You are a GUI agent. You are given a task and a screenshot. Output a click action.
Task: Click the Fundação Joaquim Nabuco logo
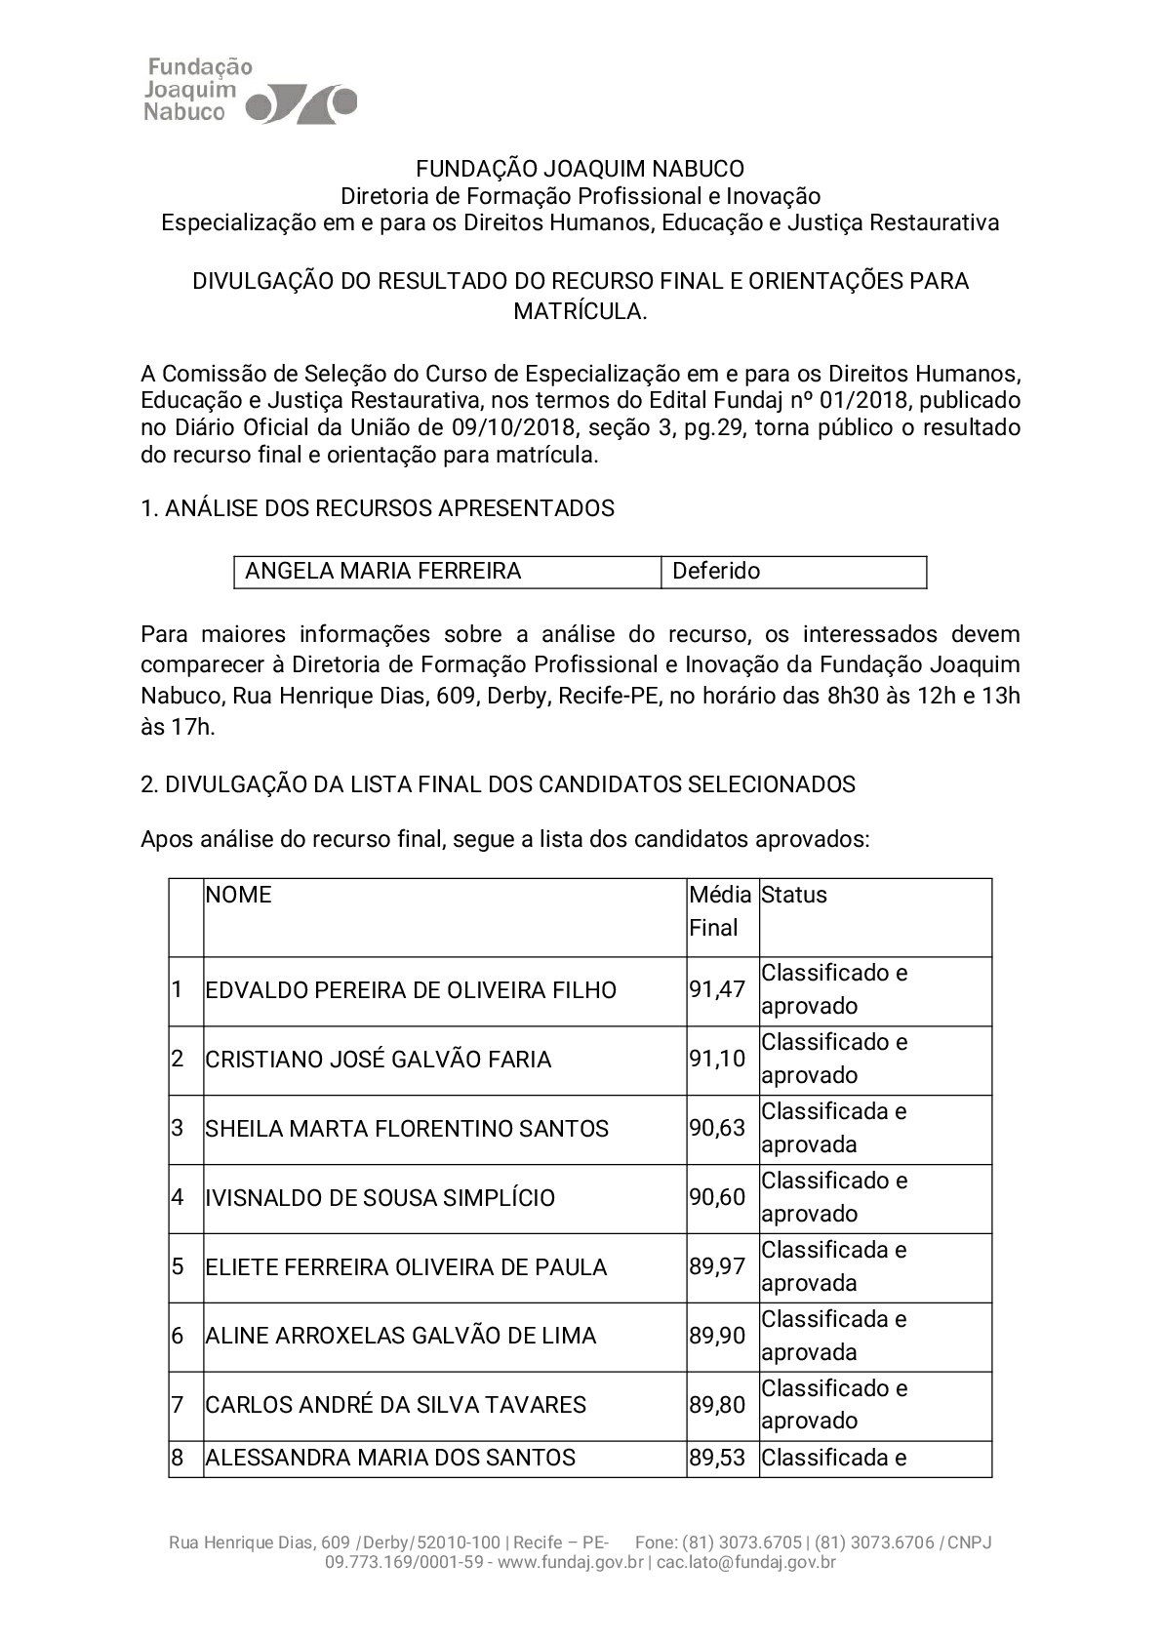point(250,91)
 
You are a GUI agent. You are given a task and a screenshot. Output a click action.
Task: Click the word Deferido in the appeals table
point(716,572)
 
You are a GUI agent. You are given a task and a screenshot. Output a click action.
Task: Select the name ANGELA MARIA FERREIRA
point(382,572)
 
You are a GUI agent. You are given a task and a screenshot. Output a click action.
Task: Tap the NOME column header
point(239,896)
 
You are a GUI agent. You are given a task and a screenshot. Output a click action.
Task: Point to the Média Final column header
point(720,911)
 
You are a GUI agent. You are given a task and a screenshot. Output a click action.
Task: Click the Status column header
point(794,896)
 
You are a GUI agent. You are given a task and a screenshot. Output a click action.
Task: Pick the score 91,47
point(717,990)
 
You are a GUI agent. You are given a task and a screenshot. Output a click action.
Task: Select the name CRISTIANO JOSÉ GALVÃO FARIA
point(379,1060)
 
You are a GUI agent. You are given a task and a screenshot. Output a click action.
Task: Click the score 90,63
point(717,1129)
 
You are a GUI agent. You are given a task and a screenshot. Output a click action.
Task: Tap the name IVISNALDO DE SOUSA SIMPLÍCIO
point(381,1198)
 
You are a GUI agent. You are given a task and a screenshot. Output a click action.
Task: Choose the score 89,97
point(717,1267)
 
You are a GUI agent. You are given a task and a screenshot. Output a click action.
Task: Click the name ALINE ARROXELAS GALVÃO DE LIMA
point(401,1337)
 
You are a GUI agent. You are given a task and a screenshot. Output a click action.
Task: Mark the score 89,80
point(717,1406)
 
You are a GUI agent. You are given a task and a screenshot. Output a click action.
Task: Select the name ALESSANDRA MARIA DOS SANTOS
point(390,1459)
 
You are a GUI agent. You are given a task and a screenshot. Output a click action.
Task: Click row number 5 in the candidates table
point(178,1267)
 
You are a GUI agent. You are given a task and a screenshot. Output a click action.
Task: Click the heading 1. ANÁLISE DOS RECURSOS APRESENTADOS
point(378,508)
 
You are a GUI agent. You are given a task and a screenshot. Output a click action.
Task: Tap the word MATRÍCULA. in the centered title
point(581,311)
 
